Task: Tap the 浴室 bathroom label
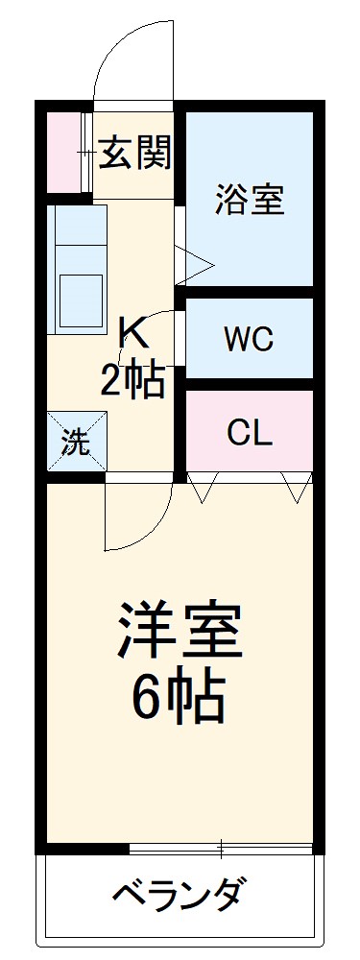[248, 203]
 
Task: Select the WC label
[249, 339]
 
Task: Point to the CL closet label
[250, 434]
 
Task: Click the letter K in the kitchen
[133, 334]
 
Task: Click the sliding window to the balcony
[221, 849]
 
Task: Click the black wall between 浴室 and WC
[249, 292]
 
